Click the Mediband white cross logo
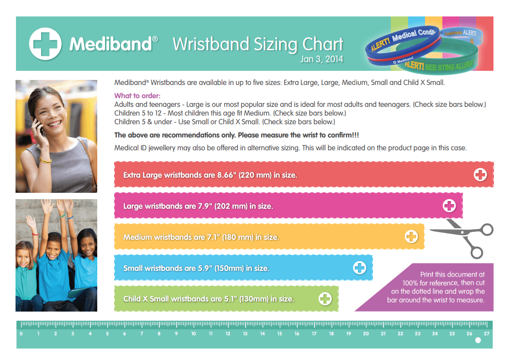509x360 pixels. [x=45, y=44]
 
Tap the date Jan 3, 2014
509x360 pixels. [x=321, y=59]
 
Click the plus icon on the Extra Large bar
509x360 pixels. [x=480, y=175]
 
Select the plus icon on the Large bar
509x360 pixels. [x=449, y=206]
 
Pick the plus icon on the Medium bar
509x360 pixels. [x=411, y=237]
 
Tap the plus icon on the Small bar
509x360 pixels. [x=360, y=268]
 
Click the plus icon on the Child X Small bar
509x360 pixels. [x=325, y=299]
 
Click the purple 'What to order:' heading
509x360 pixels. [x=137, y=96]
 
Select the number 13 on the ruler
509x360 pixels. [x=245, y=334]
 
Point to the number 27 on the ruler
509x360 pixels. [x=487, y=334]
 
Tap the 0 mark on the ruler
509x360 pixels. [x=21, y=334]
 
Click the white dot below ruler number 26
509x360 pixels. [x=478, y=340]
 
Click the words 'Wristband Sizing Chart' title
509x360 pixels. [x=258, y=44]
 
